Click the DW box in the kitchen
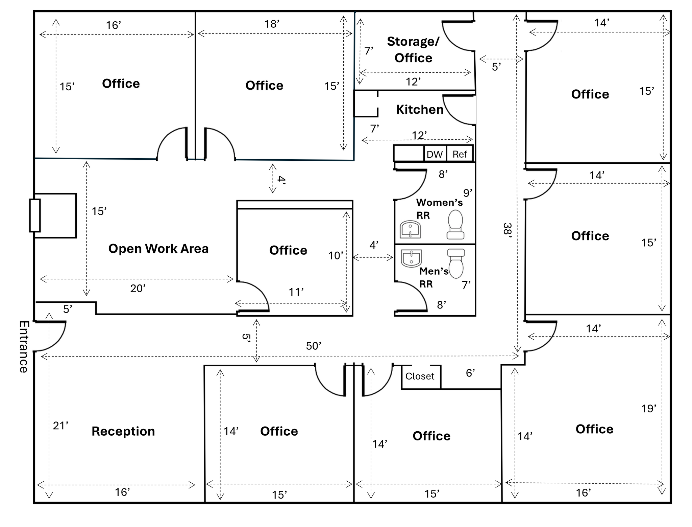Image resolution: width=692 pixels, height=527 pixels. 435,154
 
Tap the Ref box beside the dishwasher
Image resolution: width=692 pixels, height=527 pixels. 460,154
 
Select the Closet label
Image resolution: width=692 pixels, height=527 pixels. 420,376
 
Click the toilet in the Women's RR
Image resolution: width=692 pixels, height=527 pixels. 455,225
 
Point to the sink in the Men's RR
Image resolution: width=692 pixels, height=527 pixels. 411,258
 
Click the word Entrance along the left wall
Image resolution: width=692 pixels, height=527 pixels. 23,347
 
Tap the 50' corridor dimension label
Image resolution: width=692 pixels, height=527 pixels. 313,346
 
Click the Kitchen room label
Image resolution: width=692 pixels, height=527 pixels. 419,110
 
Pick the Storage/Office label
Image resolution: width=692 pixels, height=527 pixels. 413,50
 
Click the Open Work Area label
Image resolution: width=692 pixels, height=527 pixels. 158,249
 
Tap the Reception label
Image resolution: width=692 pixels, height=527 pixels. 123,431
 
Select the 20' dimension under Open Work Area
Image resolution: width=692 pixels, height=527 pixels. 138,289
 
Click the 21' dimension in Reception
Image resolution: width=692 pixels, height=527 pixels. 60,426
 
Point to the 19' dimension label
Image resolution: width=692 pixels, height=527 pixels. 648,409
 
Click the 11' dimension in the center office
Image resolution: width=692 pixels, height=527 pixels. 296,292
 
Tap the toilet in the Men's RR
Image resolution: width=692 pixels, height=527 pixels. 456,263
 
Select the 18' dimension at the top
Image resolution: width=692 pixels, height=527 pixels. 272,24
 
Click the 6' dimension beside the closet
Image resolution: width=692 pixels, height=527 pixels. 470,373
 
